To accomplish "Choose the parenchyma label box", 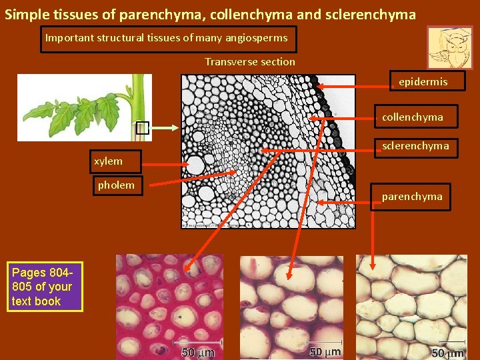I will pos(411,197).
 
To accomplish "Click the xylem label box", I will pos(116,161).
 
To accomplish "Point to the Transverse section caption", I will pos(249,62).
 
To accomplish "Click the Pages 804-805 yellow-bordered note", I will pos(45,287).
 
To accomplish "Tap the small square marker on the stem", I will pos(141,128).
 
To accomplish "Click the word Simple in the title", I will pos(24,14).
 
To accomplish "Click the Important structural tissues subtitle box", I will pos(167,39).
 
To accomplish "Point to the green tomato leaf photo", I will pos(83,107).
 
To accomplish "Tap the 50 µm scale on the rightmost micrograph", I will pos(447,351).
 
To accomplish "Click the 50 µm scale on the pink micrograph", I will pos(198,351).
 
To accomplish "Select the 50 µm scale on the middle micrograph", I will pos(325,351).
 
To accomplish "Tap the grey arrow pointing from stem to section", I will pos(166,128).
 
